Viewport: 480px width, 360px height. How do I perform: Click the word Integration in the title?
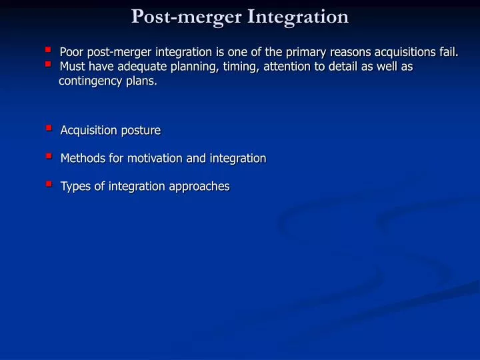tap(298, 16)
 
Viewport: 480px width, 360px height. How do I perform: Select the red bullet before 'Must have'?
tap(48, 64)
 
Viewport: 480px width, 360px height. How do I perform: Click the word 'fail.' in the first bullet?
tap(447, 52)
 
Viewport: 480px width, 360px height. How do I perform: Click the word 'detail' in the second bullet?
tap(331, 67)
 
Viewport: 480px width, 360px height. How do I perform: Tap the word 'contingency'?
tap(90, 81)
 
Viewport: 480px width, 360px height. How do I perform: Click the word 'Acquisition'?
tap(89, 131)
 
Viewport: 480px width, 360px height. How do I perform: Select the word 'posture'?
tap(141, 131)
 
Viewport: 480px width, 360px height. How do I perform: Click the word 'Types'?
tap(75, 187)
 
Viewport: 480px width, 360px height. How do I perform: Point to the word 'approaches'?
tap(198, 187)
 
